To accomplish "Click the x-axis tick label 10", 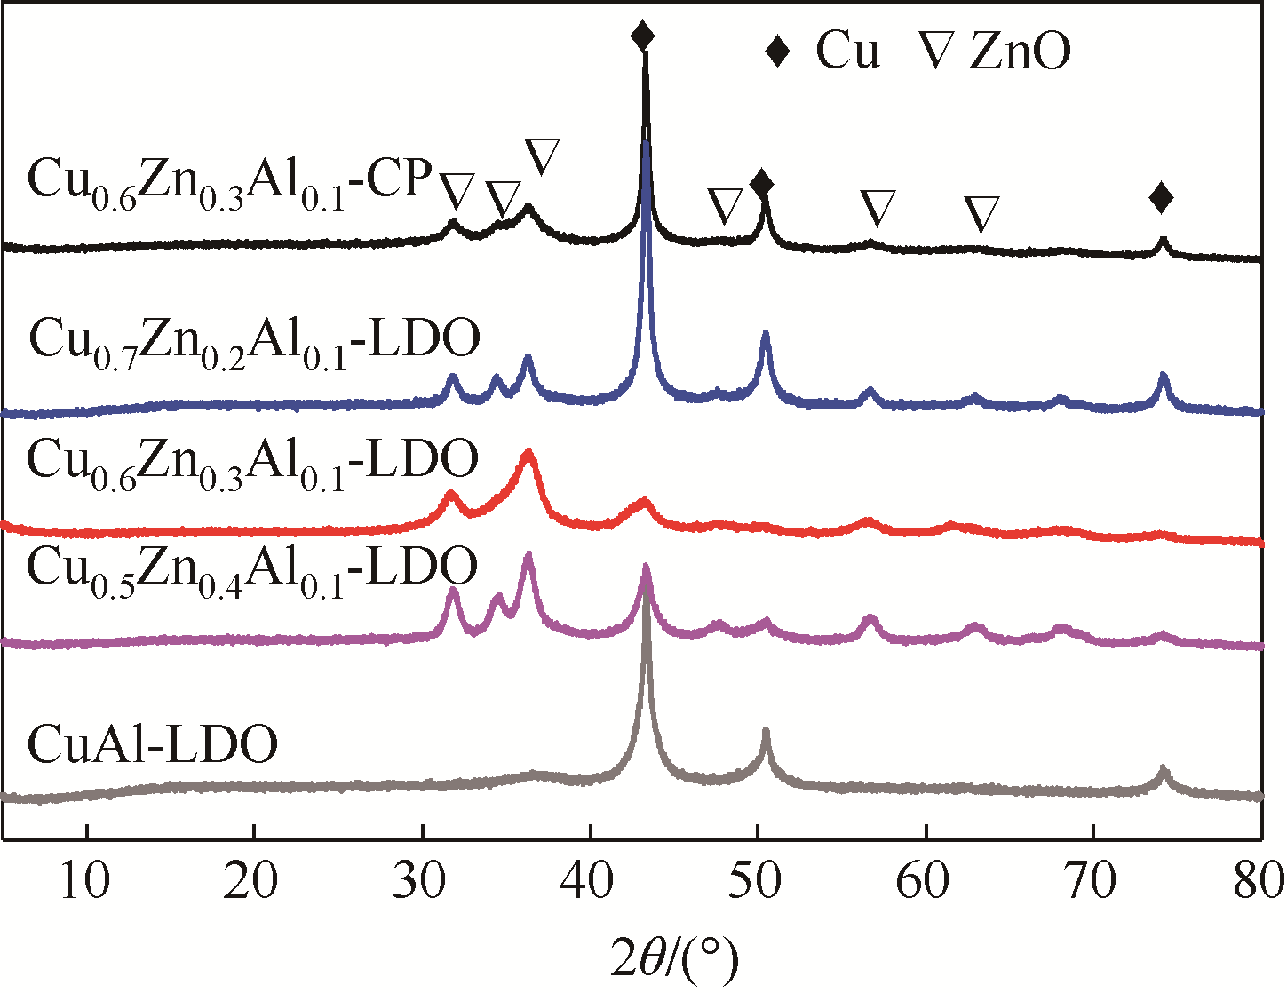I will (86, 883).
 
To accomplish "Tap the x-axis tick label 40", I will (590, 883).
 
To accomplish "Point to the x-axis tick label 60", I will (926, 883).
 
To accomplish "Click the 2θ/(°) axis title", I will (675, 958).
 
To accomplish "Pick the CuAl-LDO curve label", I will (153, 744).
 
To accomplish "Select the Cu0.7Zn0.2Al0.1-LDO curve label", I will (254, 342).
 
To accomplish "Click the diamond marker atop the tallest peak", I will (643, 36).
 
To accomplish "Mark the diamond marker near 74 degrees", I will (1161, 198).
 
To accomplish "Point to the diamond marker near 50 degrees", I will (761, 184).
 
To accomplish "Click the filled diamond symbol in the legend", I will (778, 52).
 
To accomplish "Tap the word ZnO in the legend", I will (1020, 52).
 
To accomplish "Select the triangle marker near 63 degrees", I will (981, 214).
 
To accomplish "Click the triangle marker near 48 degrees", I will (725, 207).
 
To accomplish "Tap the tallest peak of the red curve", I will (529, 453).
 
